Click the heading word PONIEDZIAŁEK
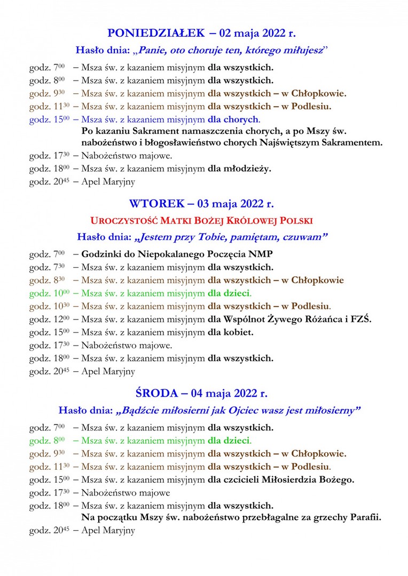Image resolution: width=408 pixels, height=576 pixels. coord(156,33)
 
